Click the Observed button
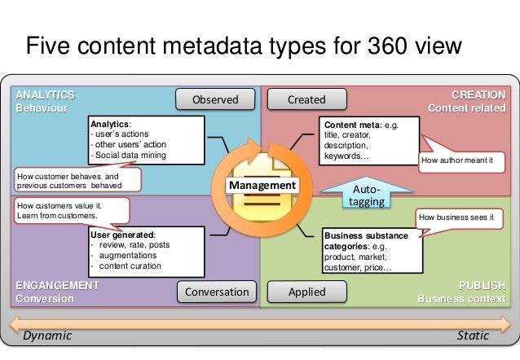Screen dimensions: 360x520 (x=215, y=100)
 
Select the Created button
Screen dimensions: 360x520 (x=306, y=100)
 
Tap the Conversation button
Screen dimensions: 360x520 (x=216, y=292)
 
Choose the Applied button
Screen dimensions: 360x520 (x=306, y=292)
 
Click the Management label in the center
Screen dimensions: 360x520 (x=262, y=187)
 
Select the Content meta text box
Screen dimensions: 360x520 (x=369, y=139)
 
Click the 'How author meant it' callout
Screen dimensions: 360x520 (x=456, y=160)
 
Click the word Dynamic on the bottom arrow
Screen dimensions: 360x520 (x=47, y=336)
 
